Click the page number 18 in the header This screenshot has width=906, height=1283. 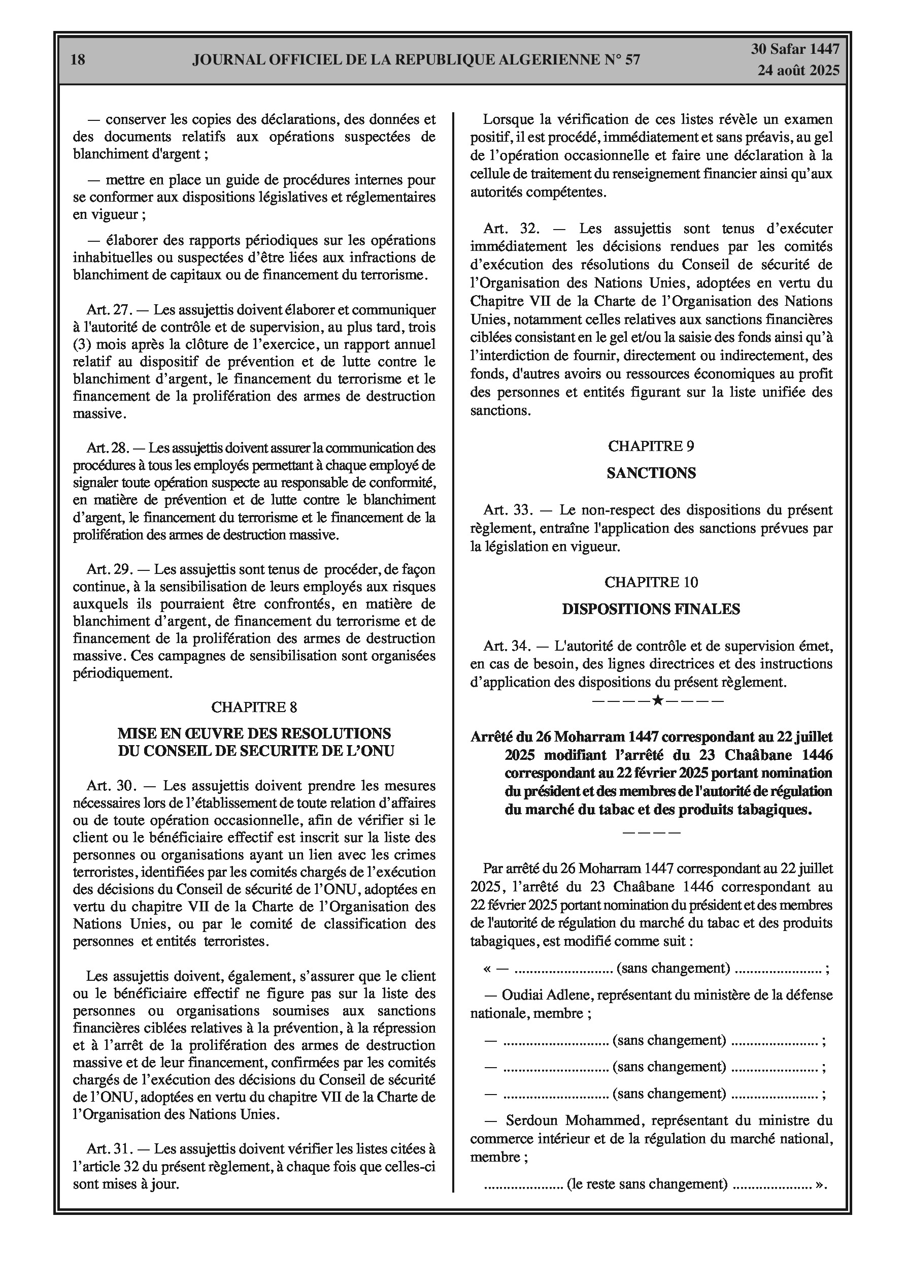coord(78,60)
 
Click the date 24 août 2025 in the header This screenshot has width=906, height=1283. coord(798,71)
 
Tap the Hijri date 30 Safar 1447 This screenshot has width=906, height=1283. coord(795,49)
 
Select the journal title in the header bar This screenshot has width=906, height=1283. coord(416,60)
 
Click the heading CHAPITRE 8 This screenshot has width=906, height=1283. coord(254,707)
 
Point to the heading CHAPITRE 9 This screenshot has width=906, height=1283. coord(651,446)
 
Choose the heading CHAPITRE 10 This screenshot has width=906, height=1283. coord(651,582)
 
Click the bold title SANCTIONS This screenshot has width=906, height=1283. coord(651,473)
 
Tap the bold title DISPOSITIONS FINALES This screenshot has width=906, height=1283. coord(651,609)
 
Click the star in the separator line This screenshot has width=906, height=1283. coord(657,699)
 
